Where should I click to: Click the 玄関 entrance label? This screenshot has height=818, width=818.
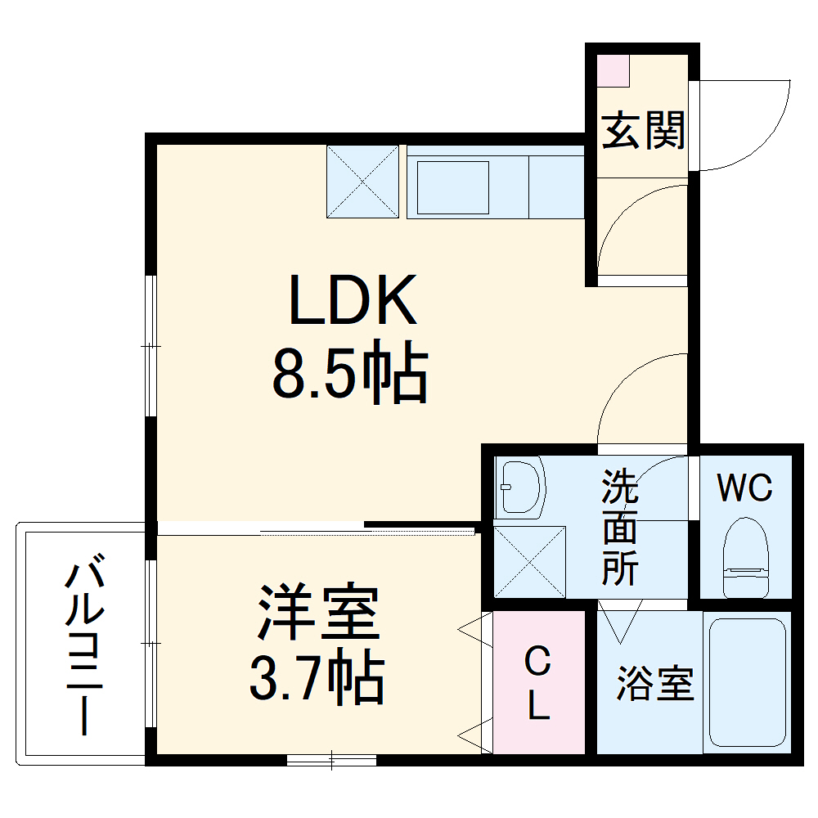point(643,130)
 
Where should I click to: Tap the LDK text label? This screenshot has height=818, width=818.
point(352,302)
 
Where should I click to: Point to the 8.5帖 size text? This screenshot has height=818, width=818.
point(350,375)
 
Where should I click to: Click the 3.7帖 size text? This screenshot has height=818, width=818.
point(317,678)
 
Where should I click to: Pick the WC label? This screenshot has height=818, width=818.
point(744,488)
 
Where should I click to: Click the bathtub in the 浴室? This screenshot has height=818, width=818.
point(747,683)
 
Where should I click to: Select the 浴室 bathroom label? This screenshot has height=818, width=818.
point(654,683)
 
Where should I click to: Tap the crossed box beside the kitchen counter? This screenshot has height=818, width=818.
point(362,182)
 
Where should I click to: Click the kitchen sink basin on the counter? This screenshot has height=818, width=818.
point(453,187)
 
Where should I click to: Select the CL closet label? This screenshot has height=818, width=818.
point(537,683)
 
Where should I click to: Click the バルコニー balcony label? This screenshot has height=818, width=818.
point(85,646)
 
